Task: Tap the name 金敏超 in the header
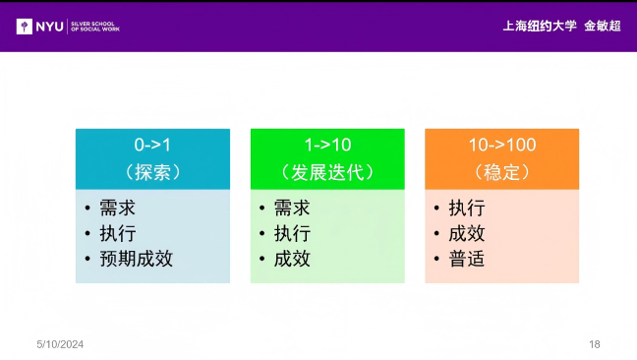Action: pos(602,26)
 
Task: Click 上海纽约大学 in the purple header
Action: pos(539,26)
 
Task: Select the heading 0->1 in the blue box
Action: pos(152,145)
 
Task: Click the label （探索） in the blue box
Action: pos(152,172)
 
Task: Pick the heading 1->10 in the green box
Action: pos(327,145)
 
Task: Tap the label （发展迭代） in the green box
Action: pos(327,172)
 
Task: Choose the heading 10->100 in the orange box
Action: pos(501,145)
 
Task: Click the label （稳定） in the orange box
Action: pos(501,172)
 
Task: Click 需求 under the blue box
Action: pos(117,209)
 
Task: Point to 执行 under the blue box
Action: pos(117,234)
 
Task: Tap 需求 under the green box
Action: pos(292,209)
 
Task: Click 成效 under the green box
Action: pos(292,260)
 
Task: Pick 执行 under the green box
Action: pos(292,234)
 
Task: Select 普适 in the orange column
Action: pos(466,260)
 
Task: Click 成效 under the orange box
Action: pos(466,234)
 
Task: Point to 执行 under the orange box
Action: pos(466,209)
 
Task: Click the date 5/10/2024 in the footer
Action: pos(60,344)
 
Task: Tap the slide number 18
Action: pos(594,344)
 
